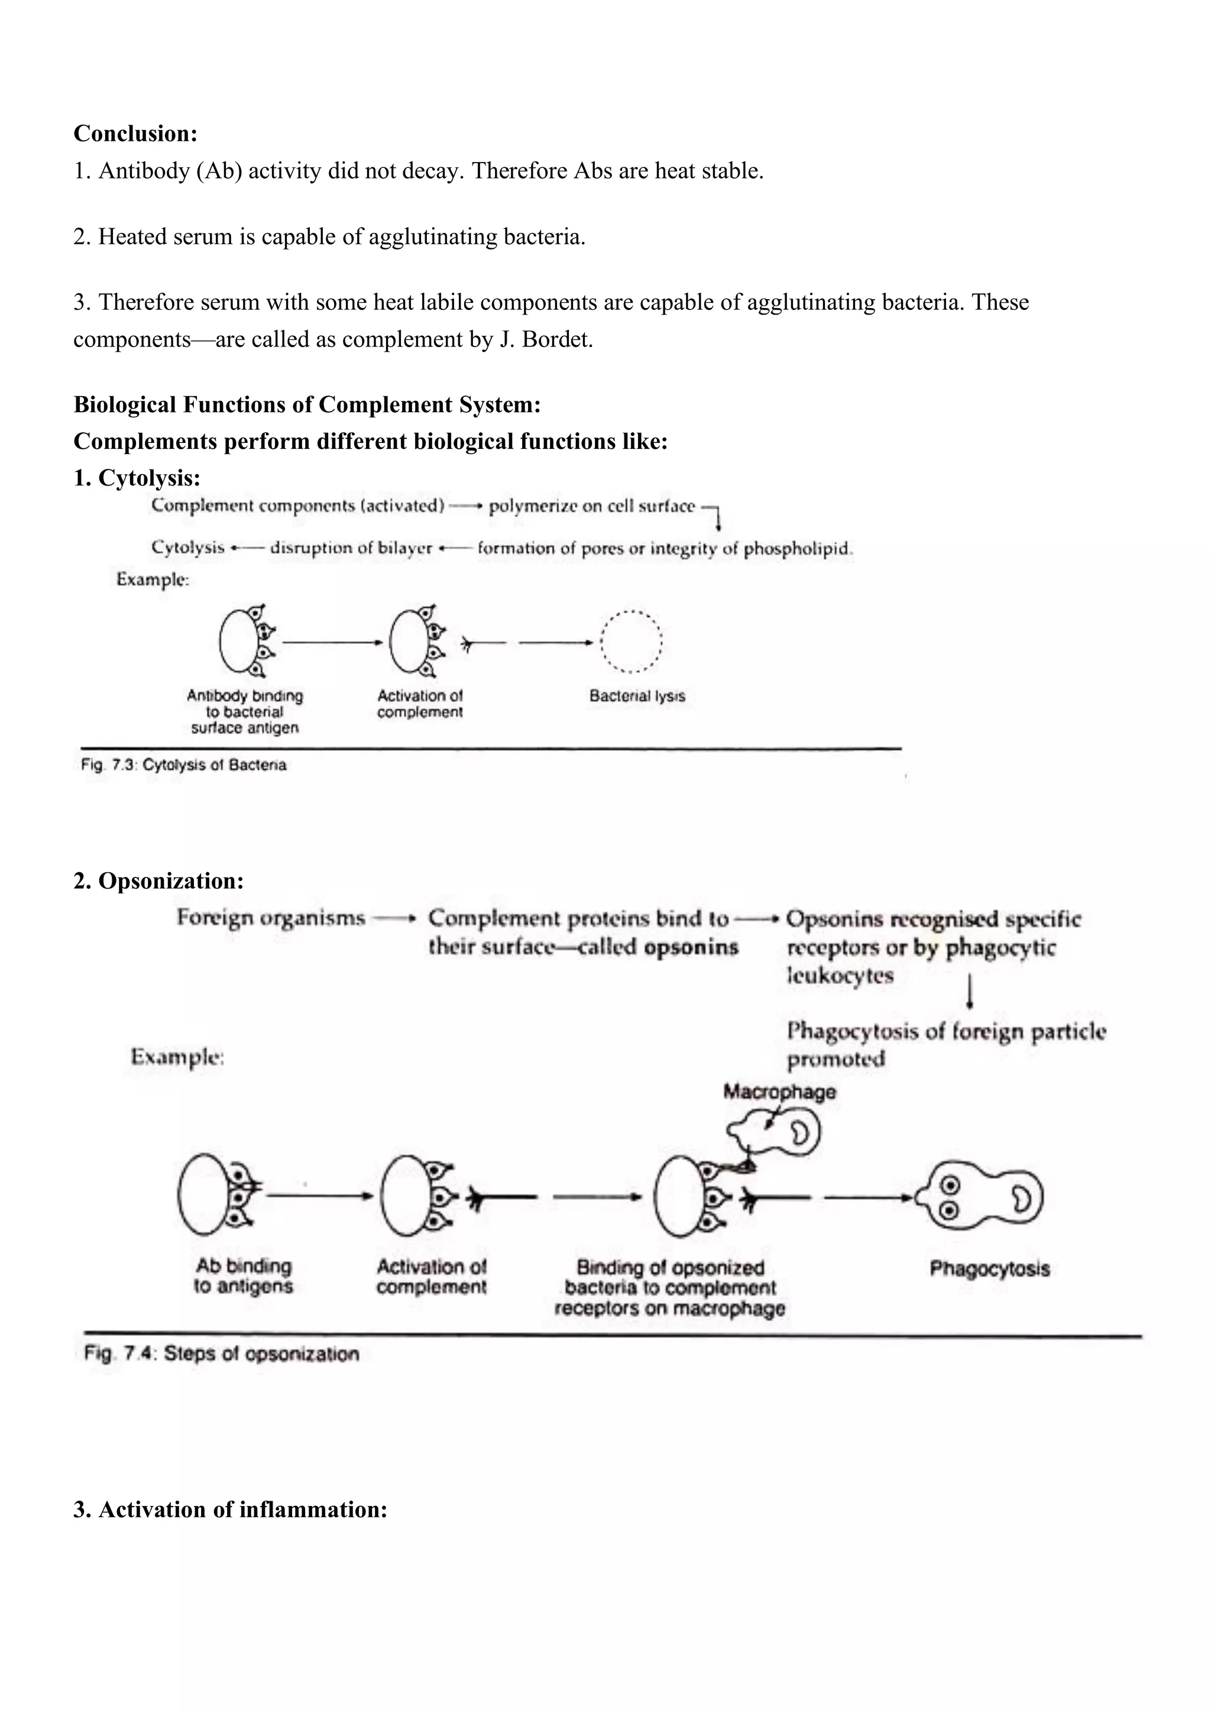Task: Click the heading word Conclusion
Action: (x=135, y=134)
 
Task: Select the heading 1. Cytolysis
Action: (x=137, y=478)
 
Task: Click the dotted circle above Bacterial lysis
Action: (x=632, y=642)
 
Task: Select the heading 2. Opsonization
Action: (x=158, y=880)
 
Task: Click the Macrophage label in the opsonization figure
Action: (x=779, y=1092)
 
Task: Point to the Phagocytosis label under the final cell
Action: (x=989, y=1268)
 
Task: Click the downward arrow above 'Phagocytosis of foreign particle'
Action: (x=969, y=992)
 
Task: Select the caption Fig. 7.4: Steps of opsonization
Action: (x=222, y=1353)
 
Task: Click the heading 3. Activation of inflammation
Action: (x=230, y=1510)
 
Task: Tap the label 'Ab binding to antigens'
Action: (x=243, y=1276)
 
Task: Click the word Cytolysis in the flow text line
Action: (x=187, y=548)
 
